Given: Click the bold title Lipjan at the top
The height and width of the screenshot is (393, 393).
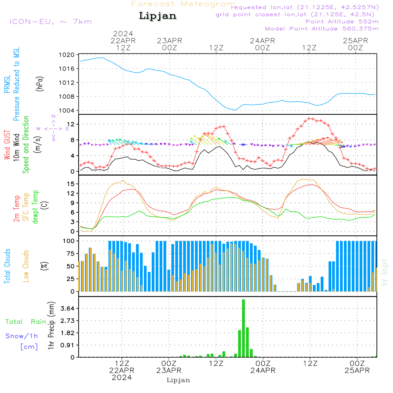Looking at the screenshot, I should (158, 16).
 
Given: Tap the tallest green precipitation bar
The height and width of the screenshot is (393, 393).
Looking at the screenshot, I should (244, 328).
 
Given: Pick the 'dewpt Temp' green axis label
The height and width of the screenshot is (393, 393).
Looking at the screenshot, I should (35, 207).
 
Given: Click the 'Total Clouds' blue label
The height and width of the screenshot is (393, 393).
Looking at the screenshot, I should (7, 266).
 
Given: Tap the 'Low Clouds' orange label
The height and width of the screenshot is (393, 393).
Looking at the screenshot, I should (26, 266).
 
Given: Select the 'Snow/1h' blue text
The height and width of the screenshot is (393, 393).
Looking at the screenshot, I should (22, 336).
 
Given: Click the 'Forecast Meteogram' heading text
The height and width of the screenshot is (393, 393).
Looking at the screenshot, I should (183, 4).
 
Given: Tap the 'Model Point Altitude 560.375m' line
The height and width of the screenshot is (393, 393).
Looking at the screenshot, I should (322, 29).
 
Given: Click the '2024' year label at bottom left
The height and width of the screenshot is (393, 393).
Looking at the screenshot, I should (122, 378).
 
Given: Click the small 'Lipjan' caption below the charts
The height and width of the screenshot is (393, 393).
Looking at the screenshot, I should (178, 380).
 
